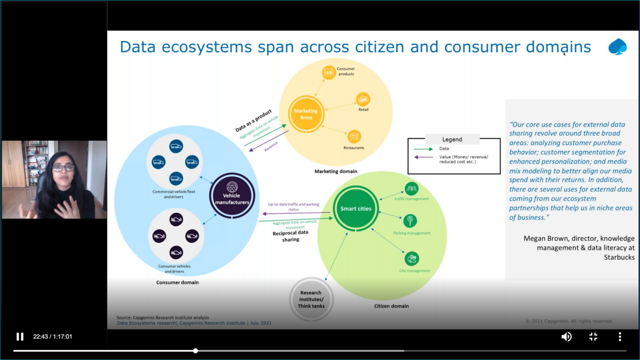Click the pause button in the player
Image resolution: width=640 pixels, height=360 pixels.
(20, 337)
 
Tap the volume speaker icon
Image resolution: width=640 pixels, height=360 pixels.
(566, 337)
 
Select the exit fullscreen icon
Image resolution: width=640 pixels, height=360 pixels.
(593, 337)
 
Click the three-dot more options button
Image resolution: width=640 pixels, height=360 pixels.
(620, 337)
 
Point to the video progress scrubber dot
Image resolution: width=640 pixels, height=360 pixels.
(196, 351)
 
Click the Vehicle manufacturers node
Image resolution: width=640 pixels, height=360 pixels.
(231, 195)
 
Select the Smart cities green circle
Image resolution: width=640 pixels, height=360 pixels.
(356, 209)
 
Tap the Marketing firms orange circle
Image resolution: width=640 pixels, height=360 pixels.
(306, 114)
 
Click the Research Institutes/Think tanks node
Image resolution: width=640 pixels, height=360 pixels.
(311, 299)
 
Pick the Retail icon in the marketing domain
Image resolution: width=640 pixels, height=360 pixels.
(363, 99)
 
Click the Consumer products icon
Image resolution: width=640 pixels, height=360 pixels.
(329, 73)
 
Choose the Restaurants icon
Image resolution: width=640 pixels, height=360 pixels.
(354, 137)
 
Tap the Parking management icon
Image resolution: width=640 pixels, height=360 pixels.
(411, 220)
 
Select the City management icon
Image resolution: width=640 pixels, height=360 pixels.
(411, 259)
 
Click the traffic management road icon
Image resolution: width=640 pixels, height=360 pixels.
(411, 188)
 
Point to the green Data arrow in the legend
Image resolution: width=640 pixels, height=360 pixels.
(423, 149)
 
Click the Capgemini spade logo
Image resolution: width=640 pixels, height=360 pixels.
(618, 47)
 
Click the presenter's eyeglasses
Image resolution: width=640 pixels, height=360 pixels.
(63, 168)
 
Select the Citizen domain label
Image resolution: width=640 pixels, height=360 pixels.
(391, 306)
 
